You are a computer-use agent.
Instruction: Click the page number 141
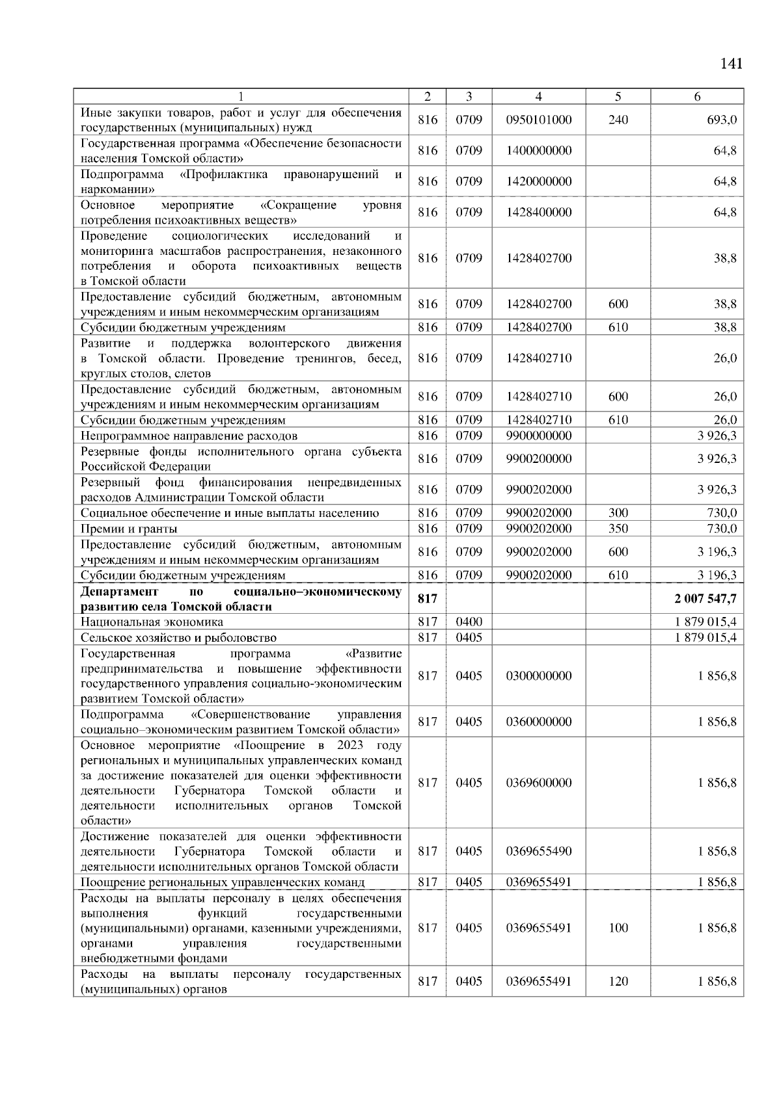coord(731,64)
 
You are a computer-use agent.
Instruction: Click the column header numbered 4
coord(538,96)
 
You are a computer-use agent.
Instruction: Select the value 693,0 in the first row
coord(724,120)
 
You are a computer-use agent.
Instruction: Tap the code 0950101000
coord(538,120)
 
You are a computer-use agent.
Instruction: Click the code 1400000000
coord(538,151)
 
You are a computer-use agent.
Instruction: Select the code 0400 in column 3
coord(469,622)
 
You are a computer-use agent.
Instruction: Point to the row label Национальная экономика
coord(152,622)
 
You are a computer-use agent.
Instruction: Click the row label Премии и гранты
coord(129,529)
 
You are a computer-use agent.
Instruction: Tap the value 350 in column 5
coord(618,529)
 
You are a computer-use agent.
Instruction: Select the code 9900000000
coord(538,436)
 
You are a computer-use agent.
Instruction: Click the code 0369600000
coord(538,783)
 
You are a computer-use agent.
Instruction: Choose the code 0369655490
coord(538,851)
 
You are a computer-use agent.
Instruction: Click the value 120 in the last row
coord(618,981)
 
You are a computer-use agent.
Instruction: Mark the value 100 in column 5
coord(618,928)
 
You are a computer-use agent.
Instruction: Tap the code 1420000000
coord(538,181)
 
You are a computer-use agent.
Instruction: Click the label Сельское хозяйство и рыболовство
coord(178,638)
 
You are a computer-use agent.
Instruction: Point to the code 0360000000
coord(538,722)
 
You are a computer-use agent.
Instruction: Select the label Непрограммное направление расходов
coord(189,436)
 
